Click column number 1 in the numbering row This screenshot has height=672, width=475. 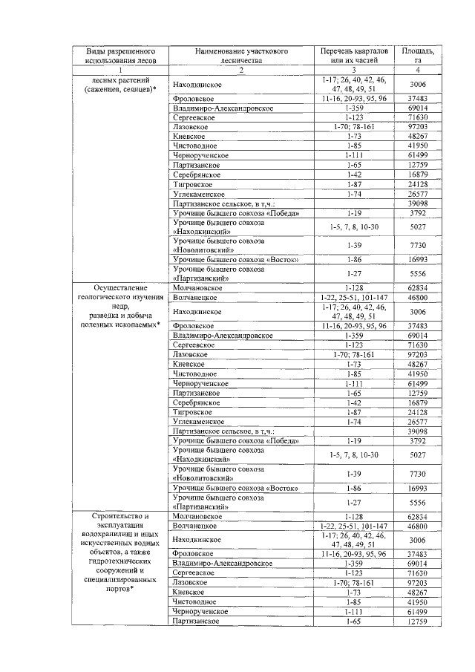point(120,70)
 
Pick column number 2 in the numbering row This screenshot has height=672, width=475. point(240,70)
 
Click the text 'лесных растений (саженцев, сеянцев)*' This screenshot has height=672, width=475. point(120,84)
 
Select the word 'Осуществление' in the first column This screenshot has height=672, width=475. point(120,287)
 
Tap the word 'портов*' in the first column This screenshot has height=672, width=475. point(120,589)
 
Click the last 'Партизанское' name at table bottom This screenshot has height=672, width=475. point(195,621)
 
